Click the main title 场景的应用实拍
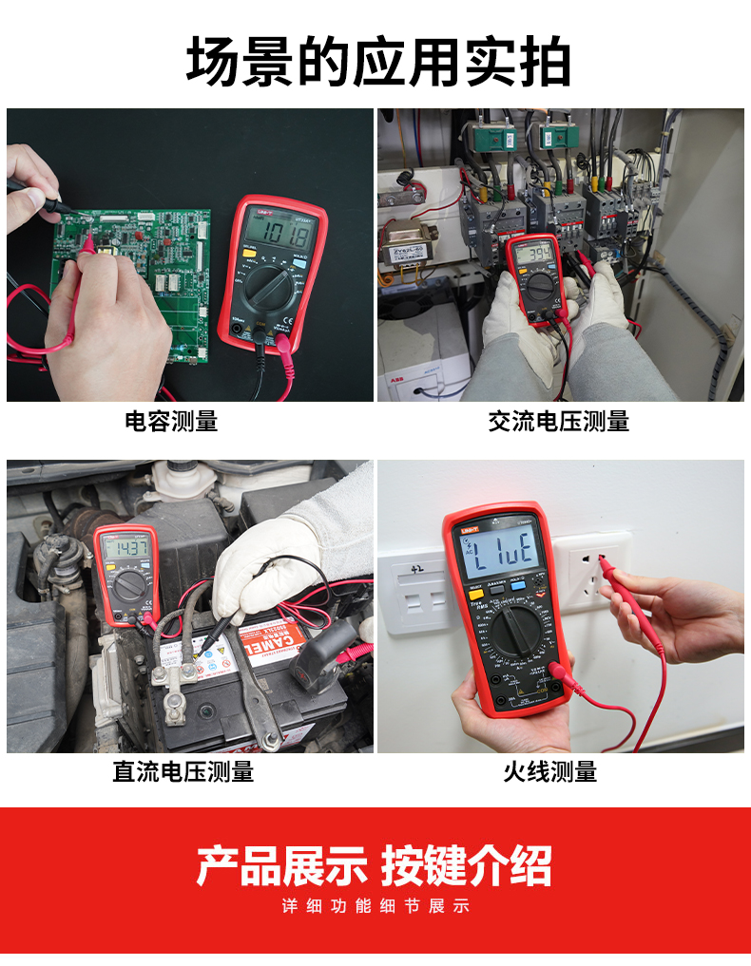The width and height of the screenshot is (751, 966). pos(377,62)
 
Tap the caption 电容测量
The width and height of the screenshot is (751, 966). pos(171,421)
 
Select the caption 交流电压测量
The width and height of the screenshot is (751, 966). pos(558,421)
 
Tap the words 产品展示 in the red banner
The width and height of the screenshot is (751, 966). pos(281,865)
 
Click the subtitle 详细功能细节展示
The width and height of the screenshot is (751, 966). pos(375,906)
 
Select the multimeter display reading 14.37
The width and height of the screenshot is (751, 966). pos(125,547)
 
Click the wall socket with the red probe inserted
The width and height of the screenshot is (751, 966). pos(594,575)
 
